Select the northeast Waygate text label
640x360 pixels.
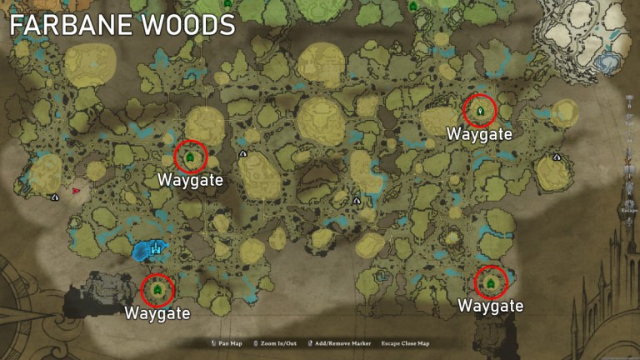pyautogui.click(x=478, y=133)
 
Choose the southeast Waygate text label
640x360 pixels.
pyautogui.click(x=491, y=306)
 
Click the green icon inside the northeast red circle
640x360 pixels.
pyautogui.click(x=479, y=109)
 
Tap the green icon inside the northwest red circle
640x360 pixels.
pyautogui.click(x=190, y=156)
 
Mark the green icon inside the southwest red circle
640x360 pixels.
pyautogui.click(x=157, y=289)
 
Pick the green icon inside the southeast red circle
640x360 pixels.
pyautogui.click(x=491, y=282)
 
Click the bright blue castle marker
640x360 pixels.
pyautogui.click(x=153, y=248)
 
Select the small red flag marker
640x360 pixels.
pyautogui.click(x=76, y=191)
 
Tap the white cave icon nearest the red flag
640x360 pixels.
pyautogui.click(x=55, y=197)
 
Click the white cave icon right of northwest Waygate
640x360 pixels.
pyautogui.click(x=242, y=154)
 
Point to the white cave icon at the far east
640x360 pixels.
pyautogui.click(x=557, y=157)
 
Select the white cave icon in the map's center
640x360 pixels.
pyautogui.click(x=357, y=200)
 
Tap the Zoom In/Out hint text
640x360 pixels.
pyautogui.click(x=275, y=343)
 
